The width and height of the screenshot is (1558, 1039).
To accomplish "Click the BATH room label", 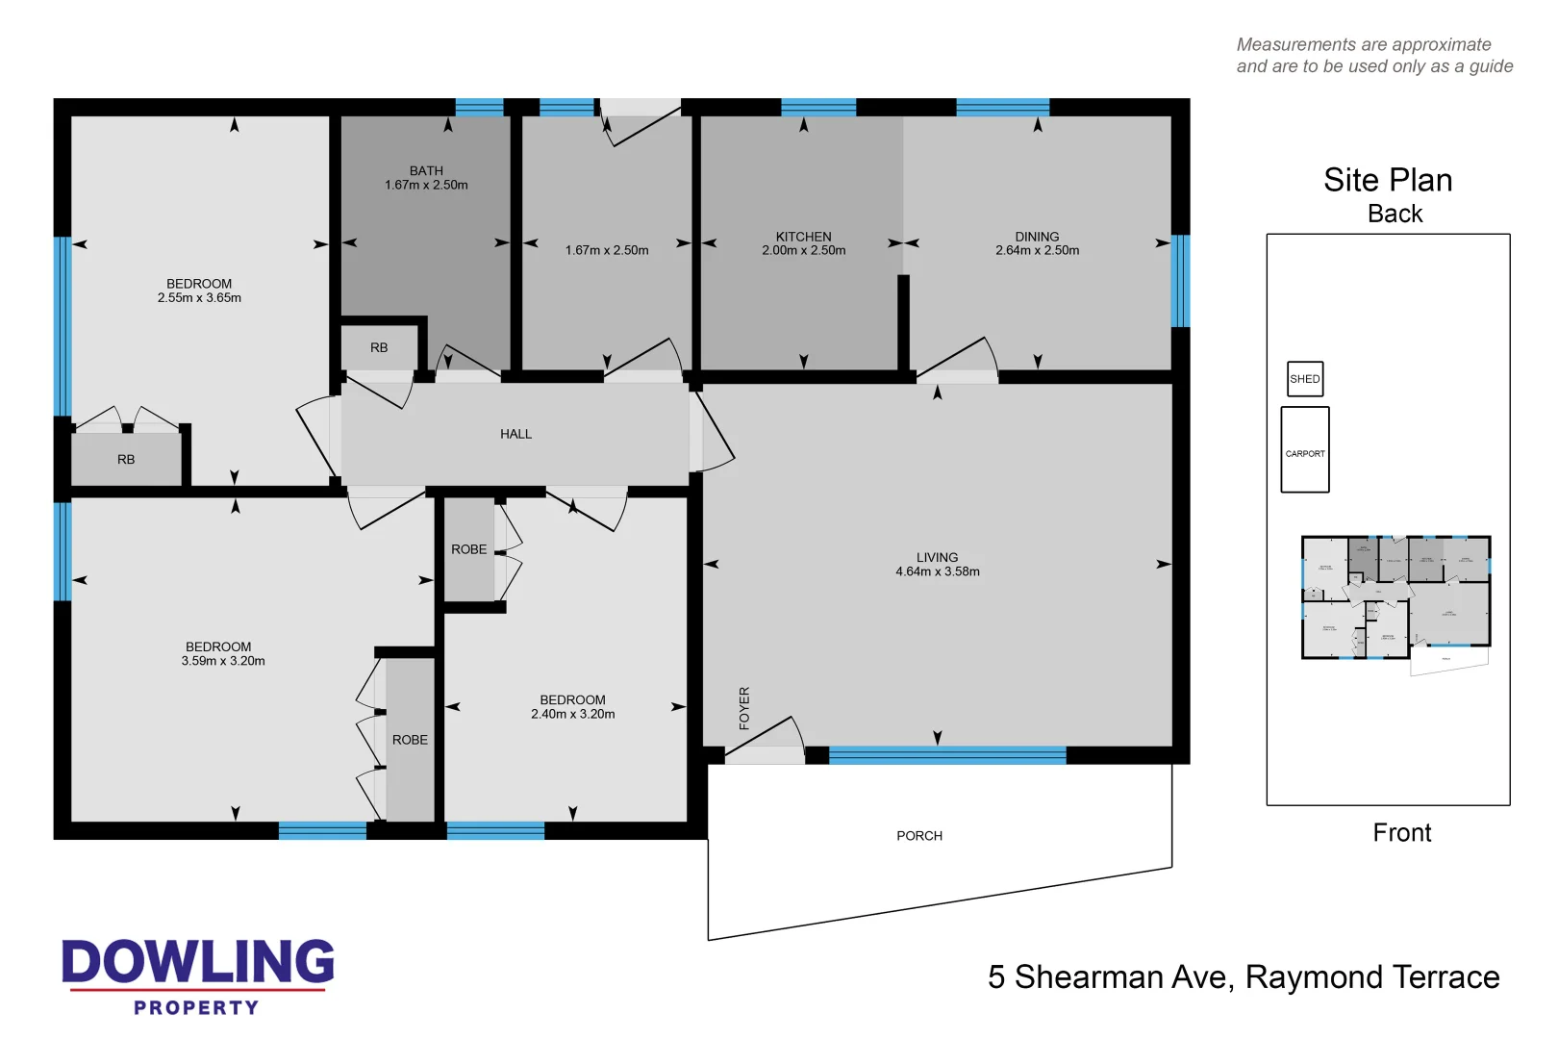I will click(x=426, y=171).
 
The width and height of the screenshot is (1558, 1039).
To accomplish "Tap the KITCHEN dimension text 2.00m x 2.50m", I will click(x=803, y=251).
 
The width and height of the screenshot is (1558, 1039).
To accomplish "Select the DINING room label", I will click(x=1037, y=237).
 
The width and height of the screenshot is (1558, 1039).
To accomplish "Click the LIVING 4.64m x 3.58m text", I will click(x=938, y=565).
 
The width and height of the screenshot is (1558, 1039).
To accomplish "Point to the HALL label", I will click(x=515, y=434).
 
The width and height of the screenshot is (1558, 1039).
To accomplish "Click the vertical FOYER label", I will click(x=744, y=708).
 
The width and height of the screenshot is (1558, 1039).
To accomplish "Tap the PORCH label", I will click(x=919, y=836).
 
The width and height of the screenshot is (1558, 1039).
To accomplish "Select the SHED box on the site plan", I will click(x=1305, y=379).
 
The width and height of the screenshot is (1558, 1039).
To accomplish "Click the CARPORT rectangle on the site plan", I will click(x=1305, y=450).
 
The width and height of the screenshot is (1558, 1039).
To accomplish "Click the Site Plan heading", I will click(x=1388, y=180).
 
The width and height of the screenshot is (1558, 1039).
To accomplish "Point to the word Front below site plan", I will click(x=1401, y=833).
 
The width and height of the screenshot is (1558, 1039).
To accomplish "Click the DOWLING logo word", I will click(x=198, y=962).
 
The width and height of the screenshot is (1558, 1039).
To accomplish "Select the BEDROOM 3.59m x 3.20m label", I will click(x=222, y=654).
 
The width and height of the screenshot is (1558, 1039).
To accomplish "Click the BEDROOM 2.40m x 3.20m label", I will click(x=572, y=707).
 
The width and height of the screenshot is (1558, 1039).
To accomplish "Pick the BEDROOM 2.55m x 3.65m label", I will click(x=199, y=291).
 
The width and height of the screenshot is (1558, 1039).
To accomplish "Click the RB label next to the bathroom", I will click(x=379, y=348).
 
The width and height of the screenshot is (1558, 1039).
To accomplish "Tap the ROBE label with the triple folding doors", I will click(x=410, y=740).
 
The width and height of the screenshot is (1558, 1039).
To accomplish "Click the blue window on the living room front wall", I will click(x=947, y=755).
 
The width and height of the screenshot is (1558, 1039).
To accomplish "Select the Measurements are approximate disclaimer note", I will click(x=1373, y=56).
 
